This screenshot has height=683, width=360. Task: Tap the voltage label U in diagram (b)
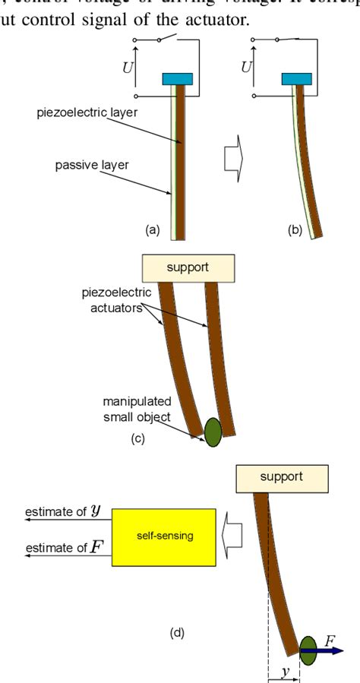tap(246, 67)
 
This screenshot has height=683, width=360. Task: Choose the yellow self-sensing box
tap(164, 536)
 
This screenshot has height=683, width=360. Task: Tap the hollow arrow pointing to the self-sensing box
tap(232, 536)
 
